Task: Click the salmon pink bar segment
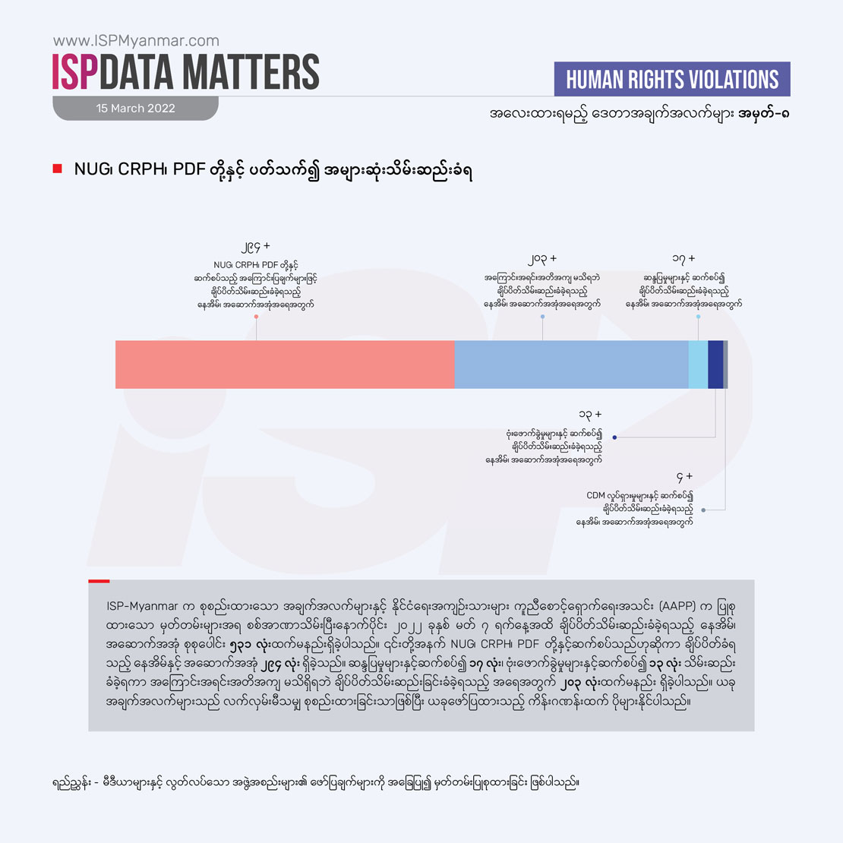(285, 365)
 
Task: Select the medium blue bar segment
(571, 365)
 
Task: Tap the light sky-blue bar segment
(698, 365)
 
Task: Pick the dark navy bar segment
(715, 365)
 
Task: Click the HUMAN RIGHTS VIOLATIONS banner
(672, 80)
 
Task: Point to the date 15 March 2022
(135, 109)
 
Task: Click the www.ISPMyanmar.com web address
(136, 41)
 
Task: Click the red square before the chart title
(57, 169)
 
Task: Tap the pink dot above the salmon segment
(257, 316)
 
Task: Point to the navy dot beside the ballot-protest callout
(614, 437)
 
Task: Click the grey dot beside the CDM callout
(703, 510)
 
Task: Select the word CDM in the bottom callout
(595, 496)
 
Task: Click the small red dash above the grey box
(99, 581)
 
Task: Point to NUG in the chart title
(89, 169)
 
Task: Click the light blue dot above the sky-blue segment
(698, 316)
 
